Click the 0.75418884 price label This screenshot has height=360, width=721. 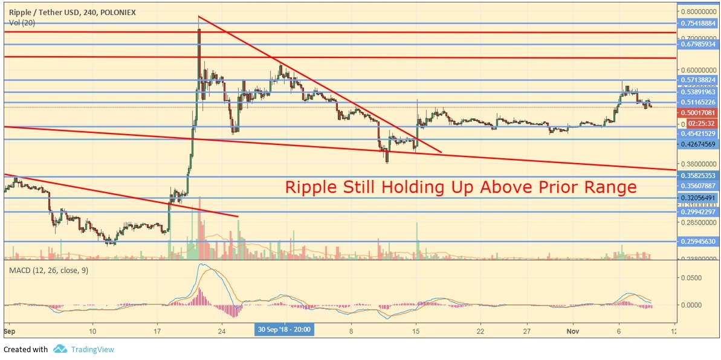699,24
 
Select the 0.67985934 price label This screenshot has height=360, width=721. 699,44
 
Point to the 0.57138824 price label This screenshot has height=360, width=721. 699,80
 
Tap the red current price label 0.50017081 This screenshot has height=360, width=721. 699,112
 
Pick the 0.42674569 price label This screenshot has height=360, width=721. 699,144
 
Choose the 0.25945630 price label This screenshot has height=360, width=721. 699,242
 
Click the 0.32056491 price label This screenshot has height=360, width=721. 699,198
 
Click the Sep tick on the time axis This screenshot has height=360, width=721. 8,331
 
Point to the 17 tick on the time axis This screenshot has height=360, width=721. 157,331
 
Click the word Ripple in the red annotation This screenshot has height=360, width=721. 309,187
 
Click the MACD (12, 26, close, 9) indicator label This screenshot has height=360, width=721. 48,270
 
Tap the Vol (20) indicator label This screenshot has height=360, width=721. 22,22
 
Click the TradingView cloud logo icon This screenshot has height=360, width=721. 60,349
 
